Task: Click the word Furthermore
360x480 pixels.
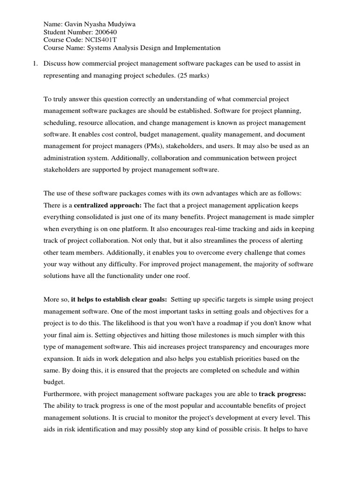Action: [62, 394]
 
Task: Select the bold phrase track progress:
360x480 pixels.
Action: [282, 394]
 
